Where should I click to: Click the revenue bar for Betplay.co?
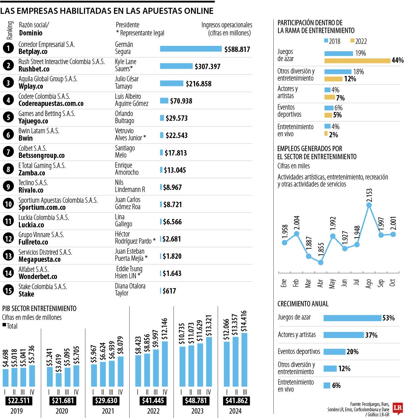[x=191, y=49]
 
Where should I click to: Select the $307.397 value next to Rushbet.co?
[x=207, y=66]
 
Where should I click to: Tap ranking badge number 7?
[x=8, y=152]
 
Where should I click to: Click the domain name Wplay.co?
[x=31, y=86]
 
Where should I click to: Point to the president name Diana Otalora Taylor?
[x=130, y=289]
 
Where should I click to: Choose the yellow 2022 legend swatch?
[x=352, y=41]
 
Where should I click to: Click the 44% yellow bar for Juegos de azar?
[x=357, y=61]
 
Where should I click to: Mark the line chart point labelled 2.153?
[x=369, y=205]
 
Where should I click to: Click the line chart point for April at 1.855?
[x=321, y=262]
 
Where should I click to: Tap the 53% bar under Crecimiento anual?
[x=352, y=318]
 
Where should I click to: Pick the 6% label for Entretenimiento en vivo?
[x=336, y=386]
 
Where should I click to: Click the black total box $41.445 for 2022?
[x=153, y=401]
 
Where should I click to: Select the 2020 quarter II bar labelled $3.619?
[x=59, y=380]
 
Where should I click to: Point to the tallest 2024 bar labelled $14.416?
[x=244, y=360]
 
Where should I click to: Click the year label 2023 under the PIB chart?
[x=197, y=411]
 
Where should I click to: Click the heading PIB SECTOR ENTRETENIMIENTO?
[x=39, y=308]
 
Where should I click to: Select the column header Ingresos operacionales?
[x=227, y=25]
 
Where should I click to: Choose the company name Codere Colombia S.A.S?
[x=44, y=96]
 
